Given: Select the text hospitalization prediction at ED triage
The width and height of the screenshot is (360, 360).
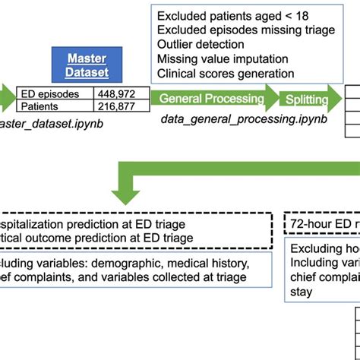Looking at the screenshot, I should [95, 225].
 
